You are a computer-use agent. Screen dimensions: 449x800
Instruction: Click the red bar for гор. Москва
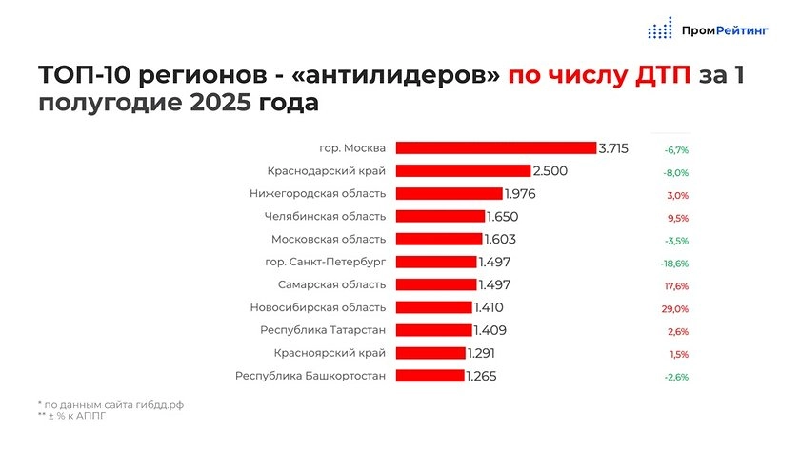point(495,147)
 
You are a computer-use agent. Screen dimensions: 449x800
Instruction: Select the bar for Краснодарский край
point(463,171)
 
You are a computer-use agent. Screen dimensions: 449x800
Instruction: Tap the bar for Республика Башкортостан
point(430,376)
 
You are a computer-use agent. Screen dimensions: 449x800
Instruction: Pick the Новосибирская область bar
point(433,307)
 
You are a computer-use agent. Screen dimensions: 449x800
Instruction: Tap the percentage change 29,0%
point(674,309)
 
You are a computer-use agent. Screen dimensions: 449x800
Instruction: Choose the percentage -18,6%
point(674,264)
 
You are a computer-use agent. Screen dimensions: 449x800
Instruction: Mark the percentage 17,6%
point(674,286)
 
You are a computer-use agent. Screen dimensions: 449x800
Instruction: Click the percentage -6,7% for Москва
point(675,150)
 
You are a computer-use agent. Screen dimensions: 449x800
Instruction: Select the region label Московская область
point(329,239)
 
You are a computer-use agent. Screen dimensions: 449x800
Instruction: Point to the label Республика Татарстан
point(323,330)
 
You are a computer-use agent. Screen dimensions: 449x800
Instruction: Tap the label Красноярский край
point(330,353)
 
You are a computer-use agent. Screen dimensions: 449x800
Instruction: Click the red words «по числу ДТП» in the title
point(599,76)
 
